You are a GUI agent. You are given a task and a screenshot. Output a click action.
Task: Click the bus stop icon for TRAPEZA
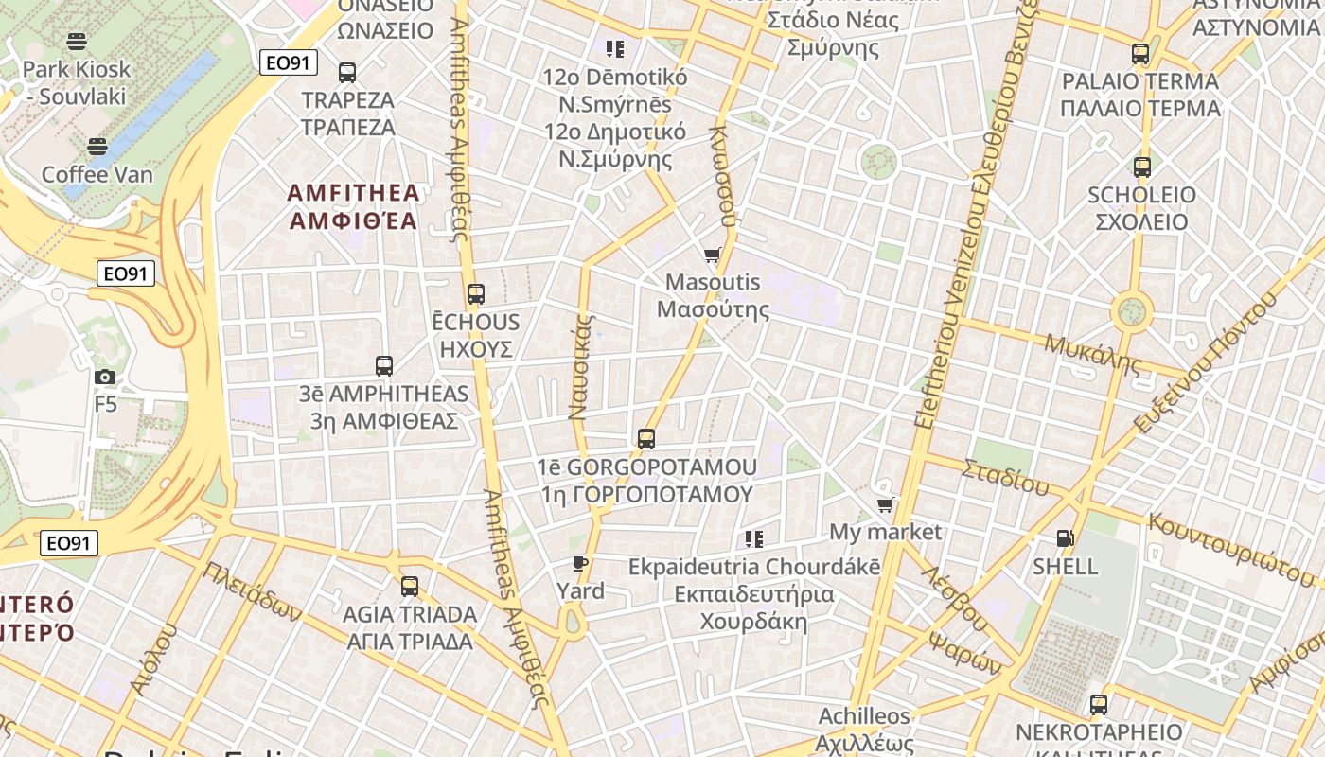tap(347, 73)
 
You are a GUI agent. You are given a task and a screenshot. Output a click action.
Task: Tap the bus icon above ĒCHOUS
tap(475, 294)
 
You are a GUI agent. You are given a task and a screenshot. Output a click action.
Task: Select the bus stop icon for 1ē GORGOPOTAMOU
tap(646, 439)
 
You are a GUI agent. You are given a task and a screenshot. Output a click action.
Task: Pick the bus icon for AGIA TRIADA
tap(409, 587)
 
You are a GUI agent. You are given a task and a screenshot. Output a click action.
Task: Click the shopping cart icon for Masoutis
tap(713, 255)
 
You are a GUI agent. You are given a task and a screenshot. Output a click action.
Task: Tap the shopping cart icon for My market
tap(885, 505)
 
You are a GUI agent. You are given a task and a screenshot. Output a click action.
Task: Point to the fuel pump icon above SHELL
tap(1065, 539)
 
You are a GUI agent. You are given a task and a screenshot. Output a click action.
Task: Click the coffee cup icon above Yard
tap(580, 564)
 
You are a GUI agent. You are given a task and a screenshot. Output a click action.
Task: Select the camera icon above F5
tap(105, 378)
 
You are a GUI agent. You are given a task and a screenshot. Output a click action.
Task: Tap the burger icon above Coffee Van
tap(97, 147)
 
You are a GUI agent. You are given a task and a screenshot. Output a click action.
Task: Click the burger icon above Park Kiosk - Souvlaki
tap(77, 42)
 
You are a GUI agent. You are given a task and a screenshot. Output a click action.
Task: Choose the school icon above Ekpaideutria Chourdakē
tap(753, 539)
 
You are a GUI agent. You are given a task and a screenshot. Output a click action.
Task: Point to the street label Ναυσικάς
tap(580, 367)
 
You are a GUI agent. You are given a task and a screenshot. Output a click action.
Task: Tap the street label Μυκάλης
tap(1093, 353)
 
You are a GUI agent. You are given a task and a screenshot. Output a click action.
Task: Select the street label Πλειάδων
tap(253, 592)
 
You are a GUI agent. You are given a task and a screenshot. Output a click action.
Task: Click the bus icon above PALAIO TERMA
tap(1140, 54)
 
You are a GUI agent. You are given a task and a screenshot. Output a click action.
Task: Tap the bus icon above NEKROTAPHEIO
tap(1098, 705)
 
